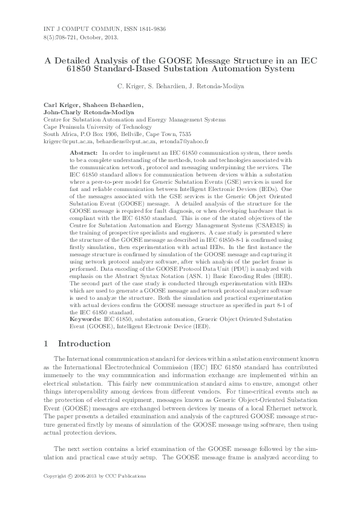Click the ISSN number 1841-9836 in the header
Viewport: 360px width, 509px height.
click(x=151, y=30)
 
